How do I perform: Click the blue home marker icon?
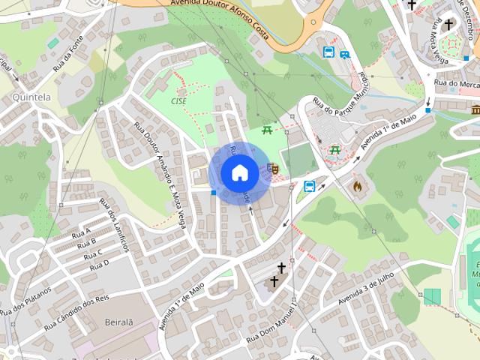(x=239, y=173)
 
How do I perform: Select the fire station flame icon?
(x=357, y=184)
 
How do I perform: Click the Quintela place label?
(x=31, y=97)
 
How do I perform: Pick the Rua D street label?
(x=100, y=264)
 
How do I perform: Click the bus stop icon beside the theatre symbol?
(x=309, y=186)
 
